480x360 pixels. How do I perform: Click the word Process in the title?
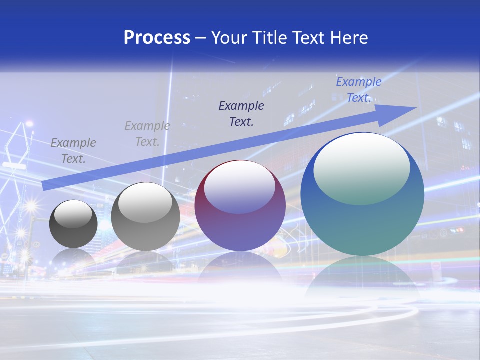(157, 37)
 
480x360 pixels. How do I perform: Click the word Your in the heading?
(230, 37)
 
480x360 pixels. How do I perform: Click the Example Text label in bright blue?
(358, 90)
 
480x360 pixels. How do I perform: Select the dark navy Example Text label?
(241, 113)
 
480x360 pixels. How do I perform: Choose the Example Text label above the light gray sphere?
(147, 133)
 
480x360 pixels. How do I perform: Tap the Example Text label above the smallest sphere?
(73, 151)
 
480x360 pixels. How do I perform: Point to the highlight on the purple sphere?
(240, 186)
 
